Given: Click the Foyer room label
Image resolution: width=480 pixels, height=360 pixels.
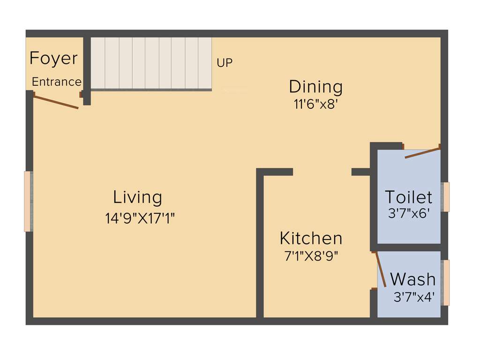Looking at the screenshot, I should (53, 59).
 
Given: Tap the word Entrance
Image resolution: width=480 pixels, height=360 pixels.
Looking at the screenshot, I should (56, 82).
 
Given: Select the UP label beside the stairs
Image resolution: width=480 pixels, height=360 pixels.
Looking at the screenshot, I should (225, 62).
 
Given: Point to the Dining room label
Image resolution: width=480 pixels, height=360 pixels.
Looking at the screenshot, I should (315, 87).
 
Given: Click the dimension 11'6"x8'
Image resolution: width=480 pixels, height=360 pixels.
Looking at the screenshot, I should (316, 104).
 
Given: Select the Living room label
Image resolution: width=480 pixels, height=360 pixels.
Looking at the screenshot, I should (138, 197).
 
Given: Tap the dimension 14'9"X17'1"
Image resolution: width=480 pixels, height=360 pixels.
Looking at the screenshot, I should (140, 218).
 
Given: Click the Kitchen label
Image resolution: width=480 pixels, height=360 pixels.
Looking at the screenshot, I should (311, 238).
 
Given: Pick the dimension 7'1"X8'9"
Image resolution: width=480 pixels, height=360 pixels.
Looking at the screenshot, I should (311, 256).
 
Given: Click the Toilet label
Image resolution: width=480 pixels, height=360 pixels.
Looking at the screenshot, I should (408, 196).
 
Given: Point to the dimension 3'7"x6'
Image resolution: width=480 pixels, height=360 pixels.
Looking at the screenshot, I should (409, 213).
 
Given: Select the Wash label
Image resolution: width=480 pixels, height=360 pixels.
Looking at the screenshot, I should (412, 279).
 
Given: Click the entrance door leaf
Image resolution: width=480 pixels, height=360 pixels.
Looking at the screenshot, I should (56, 102).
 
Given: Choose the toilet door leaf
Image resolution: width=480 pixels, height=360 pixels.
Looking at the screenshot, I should (422, 153).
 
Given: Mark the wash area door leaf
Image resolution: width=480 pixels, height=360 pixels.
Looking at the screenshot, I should (381, 270).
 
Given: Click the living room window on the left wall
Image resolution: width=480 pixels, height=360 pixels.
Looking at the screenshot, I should (28, 201).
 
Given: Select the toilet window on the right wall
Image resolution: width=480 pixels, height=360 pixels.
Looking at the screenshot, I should (446, 196).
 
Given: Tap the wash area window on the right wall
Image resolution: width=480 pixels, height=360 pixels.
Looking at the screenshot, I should (446, 282).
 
